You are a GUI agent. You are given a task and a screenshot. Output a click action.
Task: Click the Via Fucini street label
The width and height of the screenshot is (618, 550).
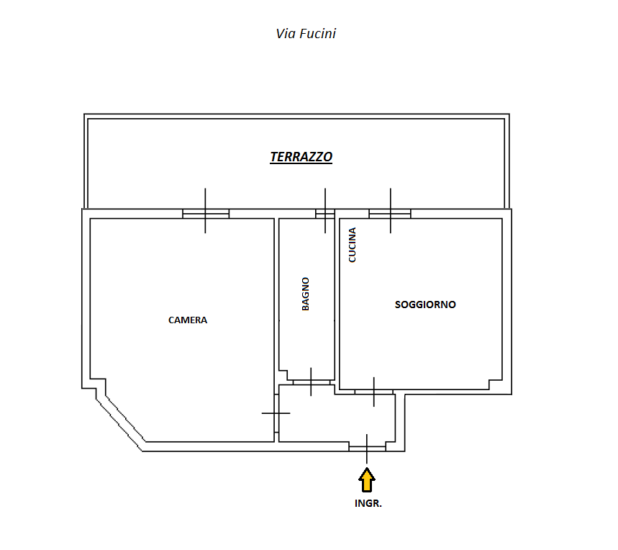(306, 34)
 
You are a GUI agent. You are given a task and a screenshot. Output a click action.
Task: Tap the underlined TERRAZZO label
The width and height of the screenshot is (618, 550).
(301, 157)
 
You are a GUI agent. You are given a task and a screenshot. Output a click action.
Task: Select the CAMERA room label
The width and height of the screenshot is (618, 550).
(188, 320)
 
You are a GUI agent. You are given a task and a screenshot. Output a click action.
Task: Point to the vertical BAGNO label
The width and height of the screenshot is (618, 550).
(306, 294)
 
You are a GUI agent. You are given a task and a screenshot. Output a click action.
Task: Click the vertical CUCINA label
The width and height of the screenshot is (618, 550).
(353, 245)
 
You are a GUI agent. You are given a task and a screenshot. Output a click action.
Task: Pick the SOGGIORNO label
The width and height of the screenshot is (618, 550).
(425, 305)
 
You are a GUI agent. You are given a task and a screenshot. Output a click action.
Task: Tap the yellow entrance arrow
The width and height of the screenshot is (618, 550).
(367, 480)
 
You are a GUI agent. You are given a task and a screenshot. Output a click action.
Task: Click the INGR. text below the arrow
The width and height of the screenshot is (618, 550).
(368, 503)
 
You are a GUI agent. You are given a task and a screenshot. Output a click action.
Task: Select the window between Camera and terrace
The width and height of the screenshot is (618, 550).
(206, 214)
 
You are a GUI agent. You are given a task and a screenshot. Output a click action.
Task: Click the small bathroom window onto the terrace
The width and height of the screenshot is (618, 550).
(325, 214)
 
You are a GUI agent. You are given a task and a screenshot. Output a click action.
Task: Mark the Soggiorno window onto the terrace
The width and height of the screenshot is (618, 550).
(390, 214)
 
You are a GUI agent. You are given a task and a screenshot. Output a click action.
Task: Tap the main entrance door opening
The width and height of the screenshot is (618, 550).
(367, 447)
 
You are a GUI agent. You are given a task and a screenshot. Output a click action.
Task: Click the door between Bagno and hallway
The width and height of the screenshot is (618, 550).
(312, 382)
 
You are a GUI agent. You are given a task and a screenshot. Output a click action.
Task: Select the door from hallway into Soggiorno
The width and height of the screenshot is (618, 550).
(373, 392)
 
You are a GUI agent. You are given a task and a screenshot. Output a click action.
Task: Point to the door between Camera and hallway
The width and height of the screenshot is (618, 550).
(276, 413)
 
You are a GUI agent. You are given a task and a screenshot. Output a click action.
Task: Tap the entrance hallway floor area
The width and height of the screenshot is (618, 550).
(337, 418)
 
